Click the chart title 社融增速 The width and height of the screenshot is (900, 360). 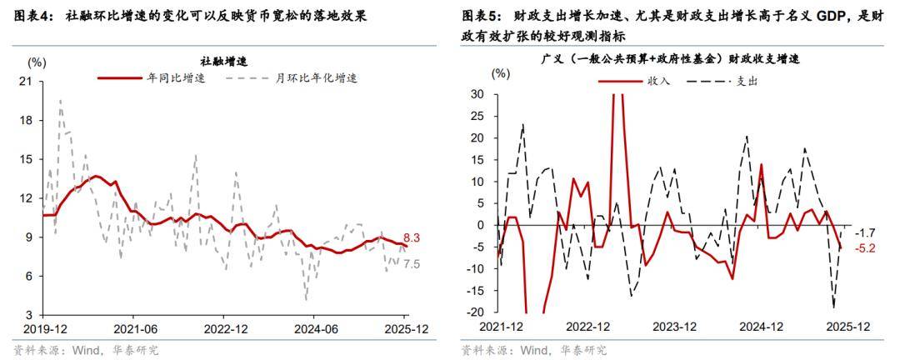pyautogui.click(x=224, y=61)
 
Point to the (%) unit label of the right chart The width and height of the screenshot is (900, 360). pyautogui.click(x=500, y=72)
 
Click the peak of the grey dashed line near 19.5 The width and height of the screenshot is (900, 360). pyautogui.click(x=60, y=100)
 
